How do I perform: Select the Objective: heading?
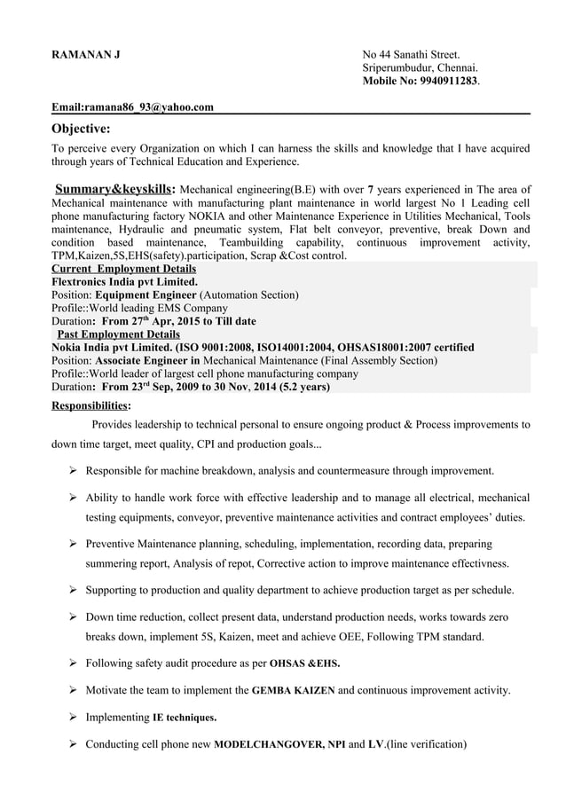[81, 130]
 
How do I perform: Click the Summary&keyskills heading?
[114, 189]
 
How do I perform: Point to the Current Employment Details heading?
[124, 269]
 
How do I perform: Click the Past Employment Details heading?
[119, 334]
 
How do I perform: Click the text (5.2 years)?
[301, 387]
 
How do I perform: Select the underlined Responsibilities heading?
[90, 404]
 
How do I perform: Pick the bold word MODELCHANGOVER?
[270, 744]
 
